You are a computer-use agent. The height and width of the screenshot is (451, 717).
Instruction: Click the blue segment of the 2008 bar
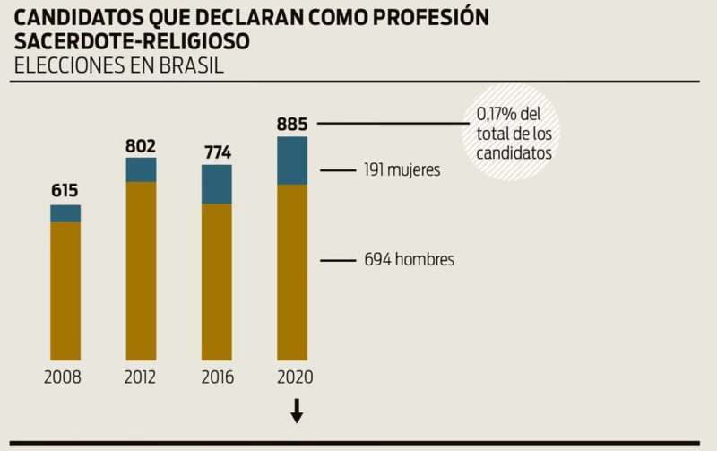[65, 213]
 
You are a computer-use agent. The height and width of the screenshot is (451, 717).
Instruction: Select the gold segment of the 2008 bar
[65, 291]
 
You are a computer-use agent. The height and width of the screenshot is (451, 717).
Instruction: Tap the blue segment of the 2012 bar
[141, 169]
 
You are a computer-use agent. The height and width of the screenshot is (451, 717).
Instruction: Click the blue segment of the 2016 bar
[216, 184]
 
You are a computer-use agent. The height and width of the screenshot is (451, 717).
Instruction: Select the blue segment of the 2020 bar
[292, 160]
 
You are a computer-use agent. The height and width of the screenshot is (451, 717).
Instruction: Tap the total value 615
[65, 190]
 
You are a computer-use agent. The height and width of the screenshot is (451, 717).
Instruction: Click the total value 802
[141, 144]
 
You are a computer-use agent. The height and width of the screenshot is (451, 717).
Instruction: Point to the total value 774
[216, 152]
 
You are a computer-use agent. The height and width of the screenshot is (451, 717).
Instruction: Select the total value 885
[292, 122]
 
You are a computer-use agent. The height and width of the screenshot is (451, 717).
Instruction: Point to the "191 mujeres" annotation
[402, 169]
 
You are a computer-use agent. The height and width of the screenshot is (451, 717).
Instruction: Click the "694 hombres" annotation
[409, 260]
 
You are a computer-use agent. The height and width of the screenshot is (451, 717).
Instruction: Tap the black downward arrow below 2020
[297, 411]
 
